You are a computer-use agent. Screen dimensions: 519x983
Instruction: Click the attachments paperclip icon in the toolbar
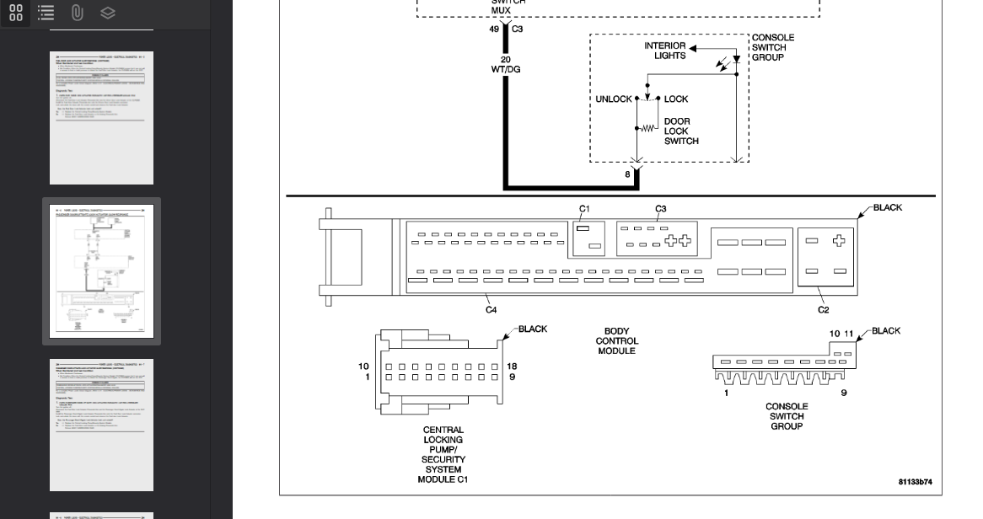[x=77, y=13]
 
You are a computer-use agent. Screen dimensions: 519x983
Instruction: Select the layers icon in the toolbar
[x=107, y=13]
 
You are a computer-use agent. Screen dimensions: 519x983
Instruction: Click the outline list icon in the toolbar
[x=46, y=13]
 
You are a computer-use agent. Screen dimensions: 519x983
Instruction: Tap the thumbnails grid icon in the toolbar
[x=16, y=13]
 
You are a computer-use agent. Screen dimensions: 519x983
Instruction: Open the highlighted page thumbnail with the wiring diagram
[x=101, y=271]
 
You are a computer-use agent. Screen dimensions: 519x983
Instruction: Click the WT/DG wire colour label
[x=506, y=69]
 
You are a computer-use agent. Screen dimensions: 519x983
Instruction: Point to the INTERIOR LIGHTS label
[x=664, y=51]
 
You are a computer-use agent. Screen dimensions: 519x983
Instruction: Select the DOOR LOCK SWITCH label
[x=680, y=131]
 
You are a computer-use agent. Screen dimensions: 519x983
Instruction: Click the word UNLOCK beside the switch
[x=614, y=99]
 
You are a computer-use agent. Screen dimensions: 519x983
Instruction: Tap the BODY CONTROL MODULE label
[x=616, y=341]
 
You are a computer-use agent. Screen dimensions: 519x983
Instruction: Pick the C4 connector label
[x=491, y=310]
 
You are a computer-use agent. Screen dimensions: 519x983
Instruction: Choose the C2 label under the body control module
[x=823, y=310]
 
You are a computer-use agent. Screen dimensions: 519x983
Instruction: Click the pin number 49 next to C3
[x=494, y=29]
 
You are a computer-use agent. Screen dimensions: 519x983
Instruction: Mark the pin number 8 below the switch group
[x=627, y=175]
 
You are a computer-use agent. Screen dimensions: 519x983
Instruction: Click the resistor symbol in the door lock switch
[x=647, y=128]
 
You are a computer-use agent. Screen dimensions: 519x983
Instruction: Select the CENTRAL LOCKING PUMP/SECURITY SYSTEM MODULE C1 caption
[x=443, y=454]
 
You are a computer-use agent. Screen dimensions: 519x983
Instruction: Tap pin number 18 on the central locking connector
[x=512, y=367]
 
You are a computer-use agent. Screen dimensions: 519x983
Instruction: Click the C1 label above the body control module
[x=585, y=209]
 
